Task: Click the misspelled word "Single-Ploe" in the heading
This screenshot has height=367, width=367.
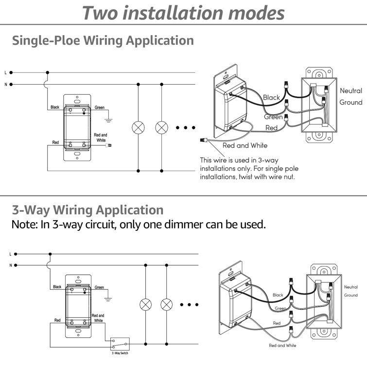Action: coord(46,40)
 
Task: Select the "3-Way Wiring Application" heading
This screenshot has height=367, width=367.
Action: coord(87,210)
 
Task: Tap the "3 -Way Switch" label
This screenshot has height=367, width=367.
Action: coord(120,353)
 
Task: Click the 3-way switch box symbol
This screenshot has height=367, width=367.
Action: coord(120,344)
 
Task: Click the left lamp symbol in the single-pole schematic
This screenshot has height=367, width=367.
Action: coord(139,128)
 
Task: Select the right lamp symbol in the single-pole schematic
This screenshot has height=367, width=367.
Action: coord(161,128)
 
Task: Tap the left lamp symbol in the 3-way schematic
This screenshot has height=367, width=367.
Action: coord(145,305)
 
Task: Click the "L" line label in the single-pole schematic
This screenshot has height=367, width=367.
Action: coord(5,72)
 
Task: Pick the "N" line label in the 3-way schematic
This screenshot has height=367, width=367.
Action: coord(10,265)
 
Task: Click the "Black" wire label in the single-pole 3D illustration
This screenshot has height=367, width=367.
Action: coord(271,98)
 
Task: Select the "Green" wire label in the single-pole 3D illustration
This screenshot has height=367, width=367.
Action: coord(273,117)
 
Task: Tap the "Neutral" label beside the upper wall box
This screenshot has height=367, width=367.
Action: coord(351,91)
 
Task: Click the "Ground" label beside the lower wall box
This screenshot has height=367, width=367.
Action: coord(350,295)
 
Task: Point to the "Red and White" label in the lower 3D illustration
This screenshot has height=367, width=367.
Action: coord(282,345)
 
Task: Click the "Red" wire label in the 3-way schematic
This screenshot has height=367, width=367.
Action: coord(57,320)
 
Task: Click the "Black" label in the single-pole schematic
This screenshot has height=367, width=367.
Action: coord(55,107)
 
